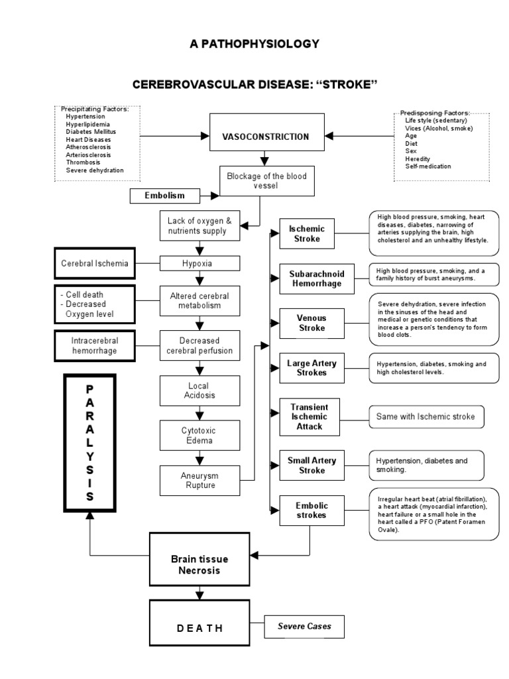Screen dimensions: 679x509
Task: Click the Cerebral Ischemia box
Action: click(x=94, y=263)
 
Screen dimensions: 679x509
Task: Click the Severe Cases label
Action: click(x=304, y=625)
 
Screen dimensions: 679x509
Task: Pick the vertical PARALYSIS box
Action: click(x=89, y=442)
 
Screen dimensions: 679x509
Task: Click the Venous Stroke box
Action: click(x=311, y=323)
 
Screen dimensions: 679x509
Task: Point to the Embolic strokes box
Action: click(x=311, y=511)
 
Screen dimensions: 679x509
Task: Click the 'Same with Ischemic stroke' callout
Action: click(x=426, y=416)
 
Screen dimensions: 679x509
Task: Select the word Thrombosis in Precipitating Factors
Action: click(x=84, y=162)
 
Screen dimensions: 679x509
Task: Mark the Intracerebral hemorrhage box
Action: click(x=94, y=345)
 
